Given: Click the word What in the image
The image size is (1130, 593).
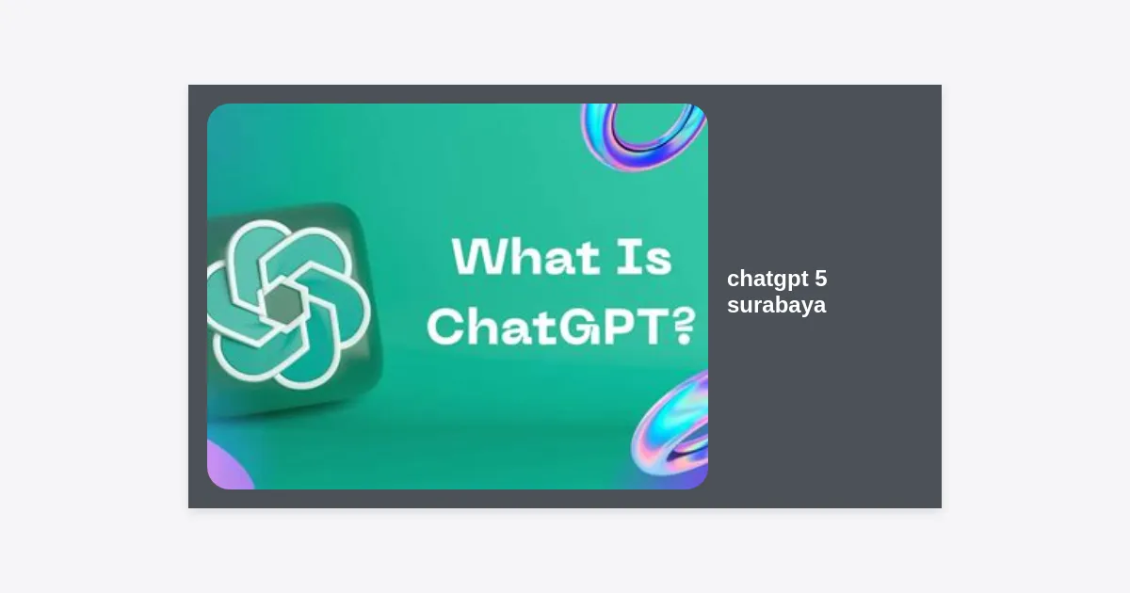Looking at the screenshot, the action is [x=526, y=257].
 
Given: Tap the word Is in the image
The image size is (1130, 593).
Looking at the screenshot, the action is [x=644, y=257].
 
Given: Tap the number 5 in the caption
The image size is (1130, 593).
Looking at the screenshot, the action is [x=821, y=279].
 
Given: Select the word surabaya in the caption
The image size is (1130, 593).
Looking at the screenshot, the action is [x=776, y=306].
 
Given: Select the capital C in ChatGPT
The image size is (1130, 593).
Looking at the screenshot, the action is [x=446, y=328].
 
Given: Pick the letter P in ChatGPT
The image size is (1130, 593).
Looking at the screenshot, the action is [x=619, y=328].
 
